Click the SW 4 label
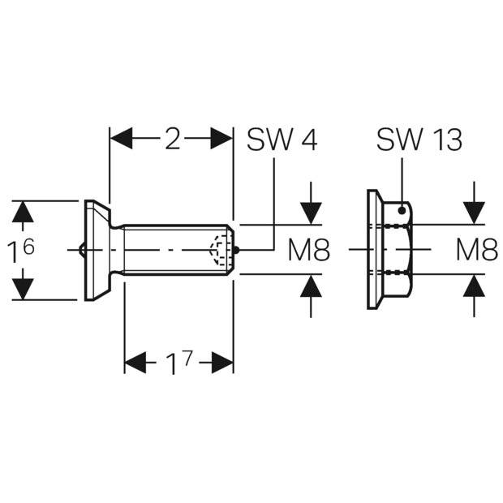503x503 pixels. pyautogui.click(x=282, y=140)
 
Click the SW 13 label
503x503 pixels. pyautogui.click(x=419, y=140)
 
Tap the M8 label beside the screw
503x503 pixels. pyautogui.click(x=309, y=250)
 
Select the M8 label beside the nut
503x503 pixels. pyautogui.click(x=477, y=250)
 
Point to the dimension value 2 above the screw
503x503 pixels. pyautogui.click(x=173, y=139)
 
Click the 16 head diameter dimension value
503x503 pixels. pyautogui.click(x=21, y=251)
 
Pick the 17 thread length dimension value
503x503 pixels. pyautogui.click(x=178, y=363)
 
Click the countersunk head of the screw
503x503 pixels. pyautogui.click(x=97, y=251)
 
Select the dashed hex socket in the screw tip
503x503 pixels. pyautogui.click(x=219, y=250)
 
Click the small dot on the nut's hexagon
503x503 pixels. pyautogui.click(x=402, y=210)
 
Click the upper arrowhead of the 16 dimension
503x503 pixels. pyautogui.click(x=23, y=212)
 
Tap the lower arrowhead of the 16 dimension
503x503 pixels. pyautogui.click(x=23, y=289)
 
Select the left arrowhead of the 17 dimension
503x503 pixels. pyautogui.click(x=135, y=363)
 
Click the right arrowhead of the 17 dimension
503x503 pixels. pyautogui.click(x=222, y=363)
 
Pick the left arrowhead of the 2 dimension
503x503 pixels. pyautogui.click(x=121, y=138)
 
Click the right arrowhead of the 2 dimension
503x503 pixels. pyautogui.click(x=221, y=138)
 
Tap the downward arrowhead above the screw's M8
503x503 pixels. pyautogui.click(x=311, y=213)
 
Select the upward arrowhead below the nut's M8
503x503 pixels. pyautogui.click(x=474, y=286)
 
